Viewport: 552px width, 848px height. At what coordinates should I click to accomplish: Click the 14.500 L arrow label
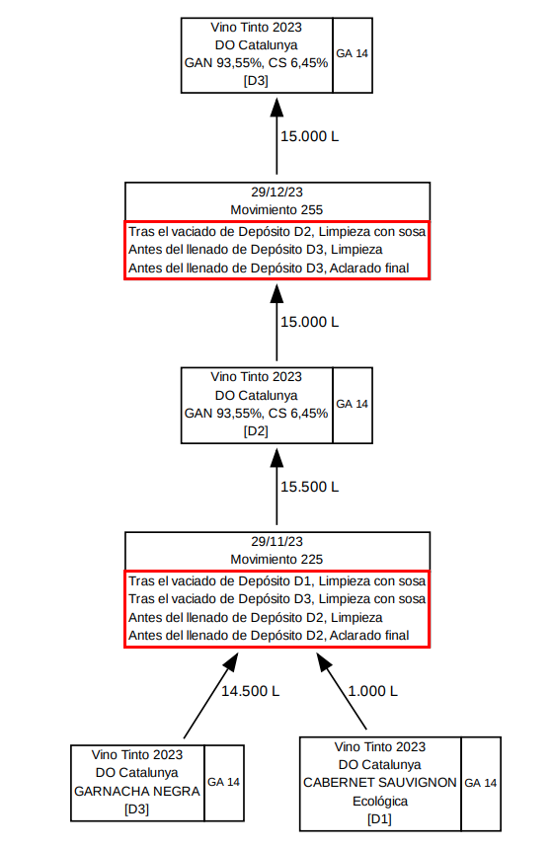(250, 691)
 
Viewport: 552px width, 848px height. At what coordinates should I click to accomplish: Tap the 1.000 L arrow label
(372, 691)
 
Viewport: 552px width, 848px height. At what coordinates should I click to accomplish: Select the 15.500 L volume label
(309, 487)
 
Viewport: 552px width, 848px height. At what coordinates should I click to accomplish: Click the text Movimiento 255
(276, 210)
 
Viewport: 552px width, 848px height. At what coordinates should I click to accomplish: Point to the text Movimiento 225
(276, 559)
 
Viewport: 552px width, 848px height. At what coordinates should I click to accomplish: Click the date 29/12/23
(276, 192)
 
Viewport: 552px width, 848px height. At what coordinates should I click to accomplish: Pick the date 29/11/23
(276, 541)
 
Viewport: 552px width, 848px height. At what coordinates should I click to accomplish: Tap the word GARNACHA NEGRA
(137, 791)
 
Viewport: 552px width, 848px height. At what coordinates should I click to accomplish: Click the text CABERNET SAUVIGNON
(380, 783)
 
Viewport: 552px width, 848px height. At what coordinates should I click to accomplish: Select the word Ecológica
(380, 801)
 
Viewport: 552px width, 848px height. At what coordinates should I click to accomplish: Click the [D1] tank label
(379, 818)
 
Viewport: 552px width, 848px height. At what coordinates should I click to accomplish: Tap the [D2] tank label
(256, 431)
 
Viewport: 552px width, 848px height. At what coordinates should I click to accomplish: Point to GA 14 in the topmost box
(352, 53)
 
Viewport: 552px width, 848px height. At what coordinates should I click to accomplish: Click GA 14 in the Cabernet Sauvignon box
(481, 783)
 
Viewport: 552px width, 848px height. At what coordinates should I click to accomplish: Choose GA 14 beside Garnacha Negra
(223, 782)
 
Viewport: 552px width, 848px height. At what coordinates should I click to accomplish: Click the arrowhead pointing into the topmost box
(276, 107)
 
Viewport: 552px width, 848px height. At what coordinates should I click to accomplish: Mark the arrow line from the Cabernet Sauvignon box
(342, 691)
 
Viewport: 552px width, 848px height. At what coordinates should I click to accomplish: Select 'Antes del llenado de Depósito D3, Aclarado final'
(269, 269)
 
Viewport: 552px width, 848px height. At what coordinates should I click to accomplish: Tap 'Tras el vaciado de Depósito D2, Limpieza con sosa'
(277, 232)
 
